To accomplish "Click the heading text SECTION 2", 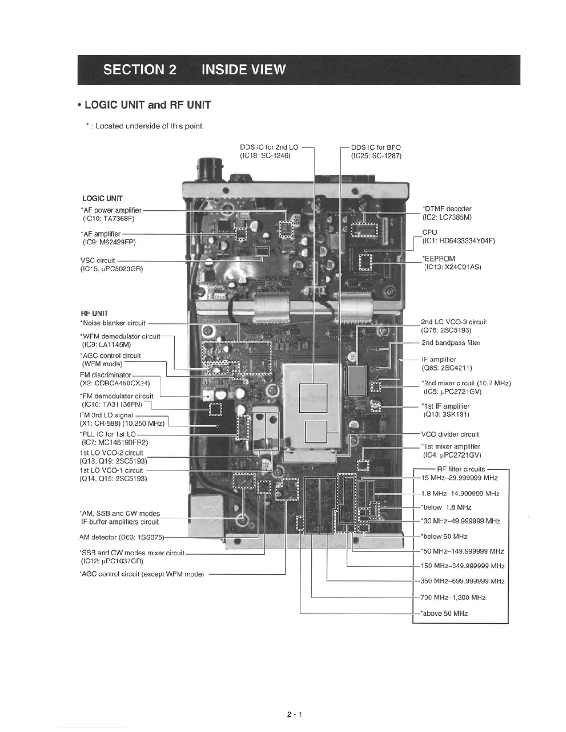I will [x=140, y=70].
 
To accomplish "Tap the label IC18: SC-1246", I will [x=265, y=156].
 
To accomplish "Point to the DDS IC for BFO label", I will [x=375, y=147].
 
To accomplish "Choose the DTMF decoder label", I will [x=446, y=209].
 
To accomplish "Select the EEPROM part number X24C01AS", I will [x=453, y=267].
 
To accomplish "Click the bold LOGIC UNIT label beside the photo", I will [x=102, y=199].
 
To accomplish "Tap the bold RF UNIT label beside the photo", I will [x=94, y=313].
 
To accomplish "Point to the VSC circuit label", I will [x=98, y=261].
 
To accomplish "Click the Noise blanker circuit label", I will [x=113, y=323].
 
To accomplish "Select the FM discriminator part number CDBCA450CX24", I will [x=115, y=383].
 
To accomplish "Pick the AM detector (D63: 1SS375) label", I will [x=122, y=537].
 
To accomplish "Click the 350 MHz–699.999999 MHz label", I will [x=462, y=581].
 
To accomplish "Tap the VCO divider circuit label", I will [x=449, y=434].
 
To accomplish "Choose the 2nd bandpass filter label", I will [x=450, y=343].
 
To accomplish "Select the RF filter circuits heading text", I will [x=461, y=469].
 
